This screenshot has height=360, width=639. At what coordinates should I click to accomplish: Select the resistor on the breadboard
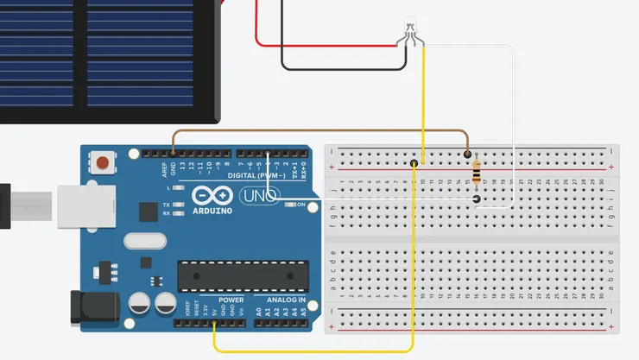478,176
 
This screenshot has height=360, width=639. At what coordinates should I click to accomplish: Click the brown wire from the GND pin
319,132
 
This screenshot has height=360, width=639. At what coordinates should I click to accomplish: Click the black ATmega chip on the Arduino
243,275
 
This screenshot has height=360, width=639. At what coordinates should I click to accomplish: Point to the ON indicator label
301,205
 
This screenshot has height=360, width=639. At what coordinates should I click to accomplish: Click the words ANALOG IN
285,300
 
